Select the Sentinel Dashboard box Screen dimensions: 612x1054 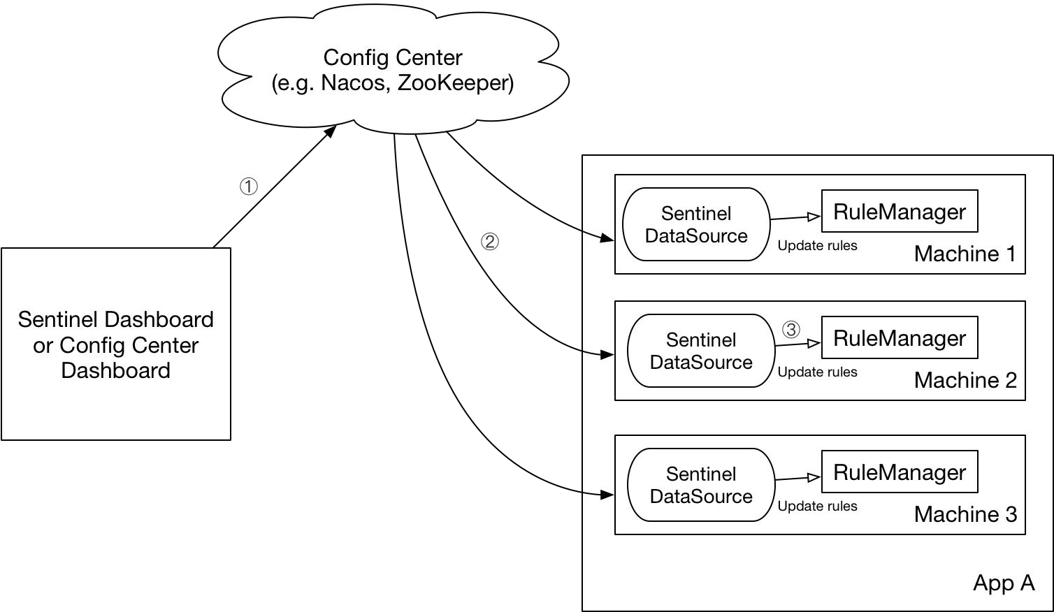click(x=116, y=344)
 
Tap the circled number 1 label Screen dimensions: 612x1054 click(x=249, y=187)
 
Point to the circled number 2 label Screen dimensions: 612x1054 click(x=490, y=242)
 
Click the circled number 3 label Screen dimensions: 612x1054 click(x=790, y=329)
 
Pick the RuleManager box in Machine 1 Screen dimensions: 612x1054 click(x=900, y=211)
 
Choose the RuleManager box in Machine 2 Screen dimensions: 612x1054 click(x=900, y=337)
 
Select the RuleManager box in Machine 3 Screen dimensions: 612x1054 click(x=900, y=472)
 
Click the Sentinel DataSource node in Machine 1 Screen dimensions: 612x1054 click(x=696, y=224)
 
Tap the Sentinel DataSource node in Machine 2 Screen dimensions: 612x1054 click(x=701, y=351)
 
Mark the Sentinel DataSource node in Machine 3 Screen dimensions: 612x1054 click(x=701, y=485)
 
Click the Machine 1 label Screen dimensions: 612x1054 click(x=965, y=254)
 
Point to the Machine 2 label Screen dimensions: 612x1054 click(x=965, y=380)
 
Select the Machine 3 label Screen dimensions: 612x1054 click(x=965, y=514)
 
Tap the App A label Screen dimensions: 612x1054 click(x=1004, y=583)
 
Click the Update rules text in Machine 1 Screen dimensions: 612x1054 click(x=817, y=246)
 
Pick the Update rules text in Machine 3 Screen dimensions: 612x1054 click(x=817, y=507)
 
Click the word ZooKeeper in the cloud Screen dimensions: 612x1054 click(x=454, y=83)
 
